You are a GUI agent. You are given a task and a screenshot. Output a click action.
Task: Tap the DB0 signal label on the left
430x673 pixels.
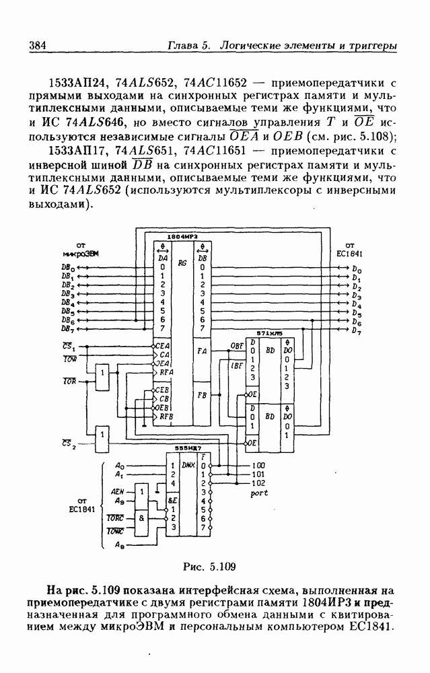67,267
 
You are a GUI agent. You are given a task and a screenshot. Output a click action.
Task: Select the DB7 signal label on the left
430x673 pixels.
67,330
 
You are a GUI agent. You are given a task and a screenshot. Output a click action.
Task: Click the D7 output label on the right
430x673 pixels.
357,332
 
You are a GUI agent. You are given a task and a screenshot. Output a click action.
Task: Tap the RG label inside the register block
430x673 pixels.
182,263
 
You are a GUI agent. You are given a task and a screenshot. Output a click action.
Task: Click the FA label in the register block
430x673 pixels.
201,351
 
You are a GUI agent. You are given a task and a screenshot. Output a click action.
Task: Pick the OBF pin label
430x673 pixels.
237,345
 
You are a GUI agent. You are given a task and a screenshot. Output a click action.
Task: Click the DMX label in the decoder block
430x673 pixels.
188,464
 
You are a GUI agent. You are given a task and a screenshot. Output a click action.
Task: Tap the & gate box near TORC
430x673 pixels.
141,519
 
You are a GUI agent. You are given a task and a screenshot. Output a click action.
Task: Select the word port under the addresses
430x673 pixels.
259,493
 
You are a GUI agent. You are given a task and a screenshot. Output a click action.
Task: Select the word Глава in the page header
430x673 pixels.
184,46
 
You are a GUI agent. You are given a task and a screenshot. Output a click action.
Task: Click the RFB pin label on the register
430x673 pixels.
166,417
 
